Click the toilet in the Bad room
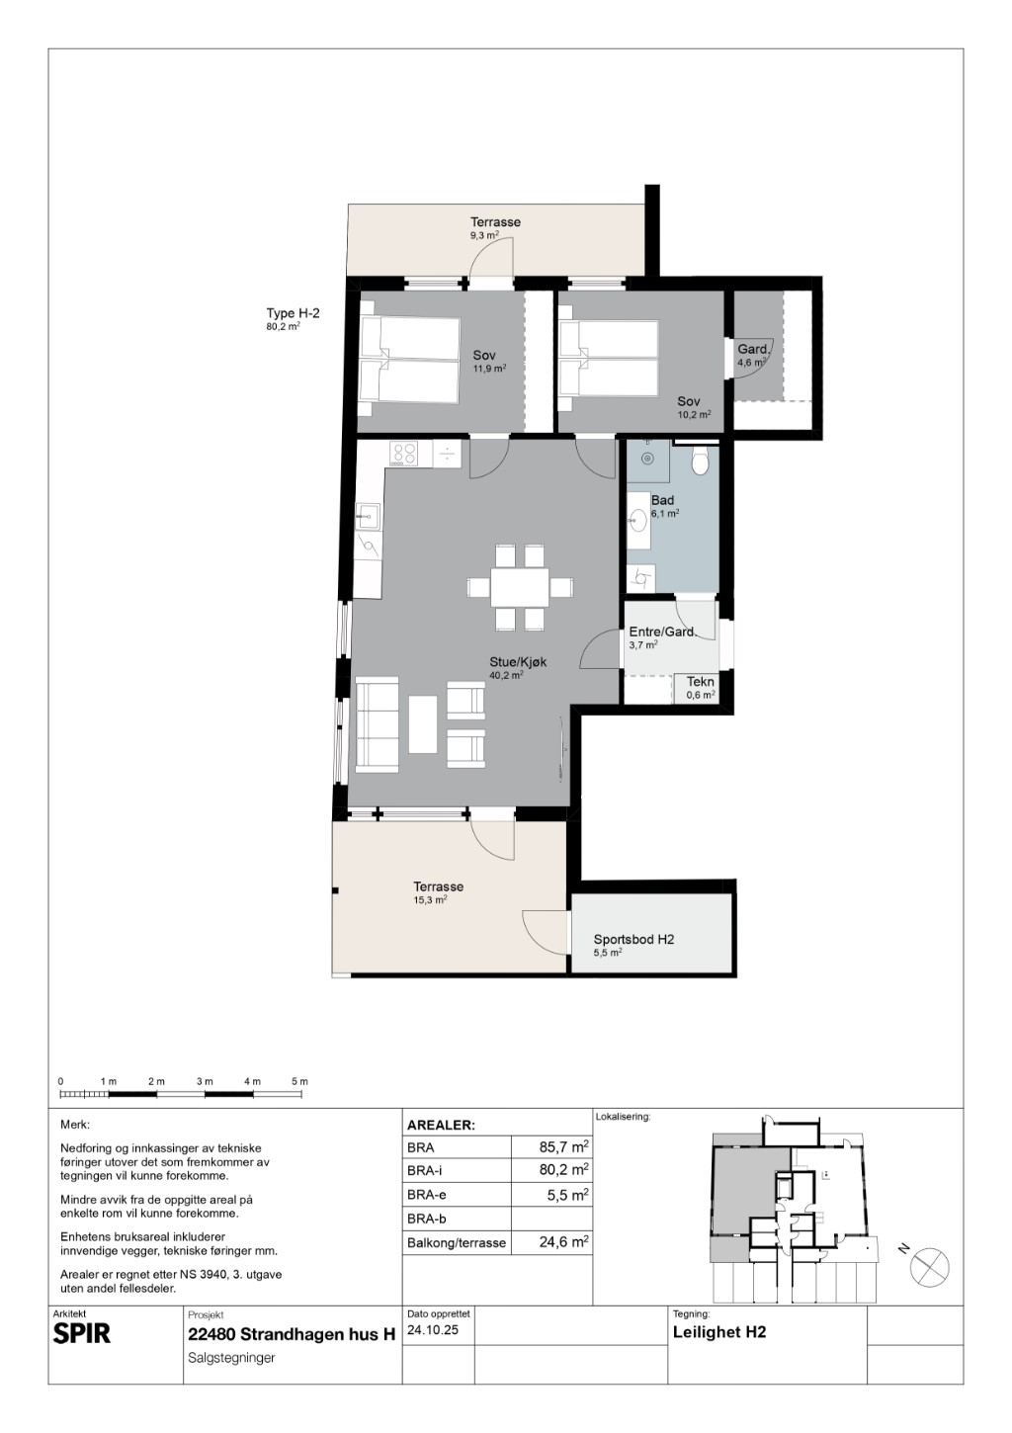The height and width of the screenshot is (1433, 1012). point(701,462)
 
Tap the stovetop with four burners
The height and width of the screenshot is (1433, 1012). point(404,454)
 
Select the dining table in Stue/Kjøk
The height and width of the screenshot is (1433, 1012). point(520,587)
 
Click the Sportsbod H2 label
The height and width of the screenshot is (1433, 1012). point(633,939)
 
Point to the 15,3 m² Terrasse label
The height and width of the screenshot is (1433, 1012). point(438,886)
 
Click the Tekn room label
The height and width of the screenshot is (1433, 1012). point(701,681)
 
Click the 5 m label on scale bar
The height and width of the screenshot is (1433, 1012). point(299,1081)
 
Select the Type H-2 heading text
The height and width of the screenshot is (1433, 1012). point(293,313)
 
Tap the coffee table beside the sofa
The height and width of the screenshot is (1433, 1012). point(422,724)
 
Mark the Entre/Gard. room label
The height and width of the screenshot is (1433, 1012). point(662,632)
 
